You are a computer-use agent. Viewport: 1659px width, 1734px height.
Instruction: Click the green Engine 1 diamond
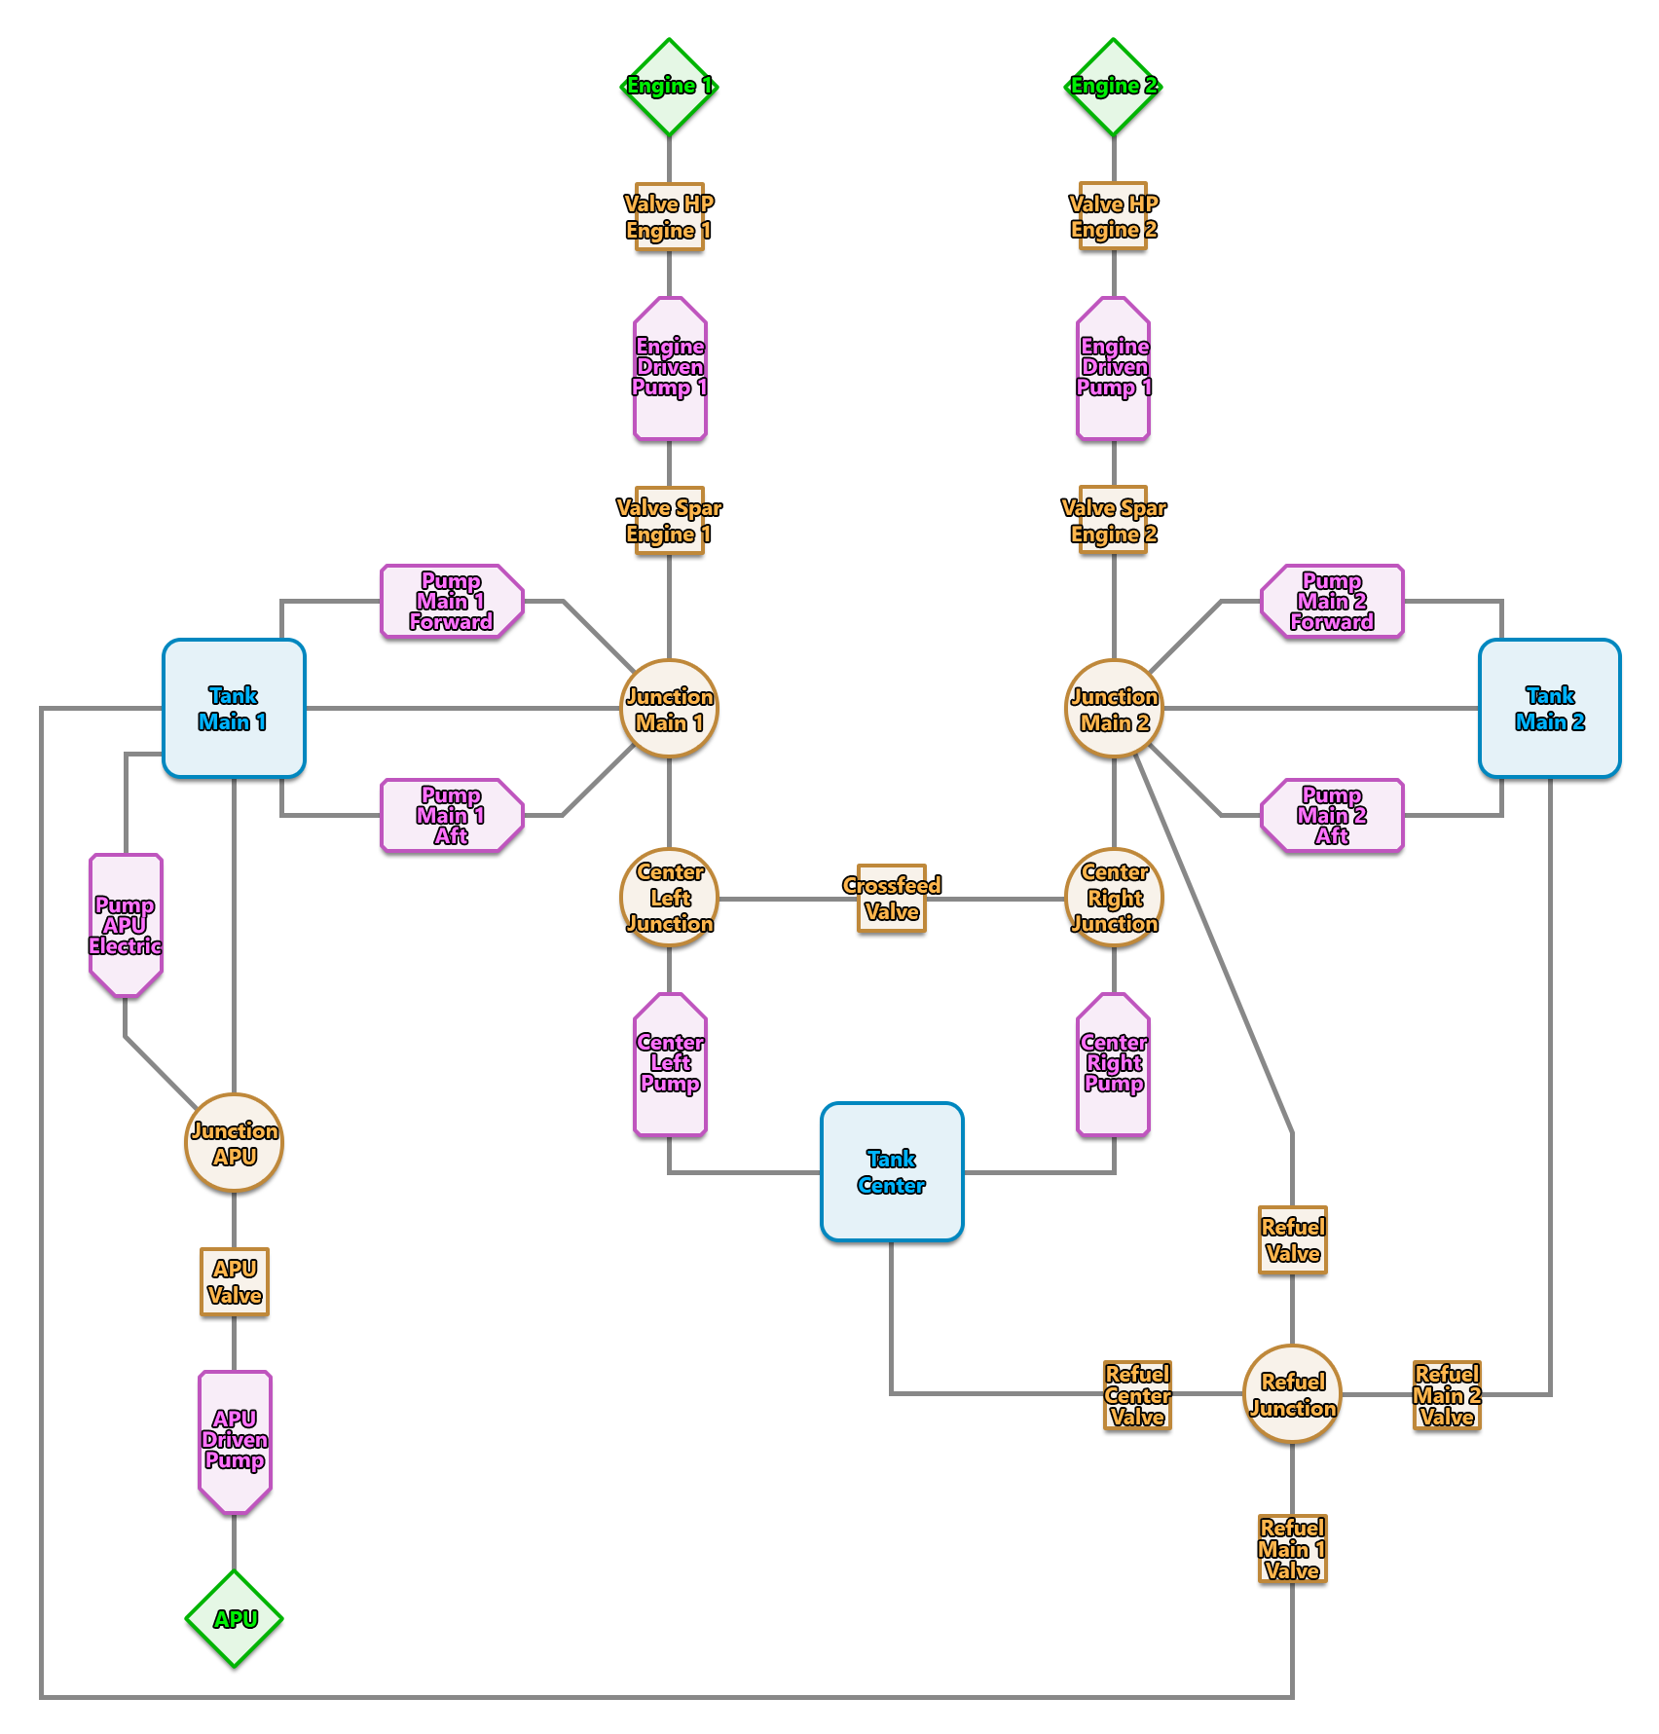coord(669,87)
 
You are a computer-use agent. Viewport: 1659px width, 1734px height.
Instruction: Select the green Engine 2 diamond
coord(1113,87)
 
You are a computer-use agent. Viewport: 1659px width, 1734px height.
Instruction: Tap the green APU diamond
coord(234,1618)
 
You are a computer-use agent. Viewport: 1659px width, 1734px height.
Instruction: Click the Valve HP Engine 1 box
coord(669,216)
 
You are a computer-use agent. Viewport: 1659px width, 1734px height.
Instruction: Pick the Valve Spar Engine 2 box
coord(1113,520)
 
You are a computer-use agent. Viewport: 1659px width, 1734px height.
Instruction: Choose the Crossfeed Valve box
coord(891,898)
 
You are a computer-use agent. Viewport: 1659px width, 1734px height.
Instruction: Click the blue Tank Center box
coord(891,1171)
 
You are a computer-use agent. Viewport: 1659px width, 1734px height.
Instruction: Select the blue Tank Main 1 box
coord(234,708)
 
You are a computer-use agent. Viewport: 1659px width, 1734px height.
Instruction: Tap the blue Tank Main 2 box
coord(1549,708)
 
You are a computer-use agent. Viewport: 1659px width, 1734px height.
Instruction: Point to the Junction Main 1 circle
coord(669,708)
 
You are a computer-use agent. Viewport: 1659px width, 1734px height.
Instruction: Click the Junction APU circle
coord(234,1142)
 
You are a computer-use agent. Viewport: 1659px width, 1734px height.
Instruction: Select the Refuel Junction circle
coord(1292,1393)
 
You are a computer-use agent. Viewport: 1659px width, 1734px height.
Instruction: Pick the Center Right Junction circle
coord(1114,897)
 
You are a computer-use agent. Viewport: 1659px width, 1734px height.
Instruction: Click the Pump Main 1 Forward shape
coord(451,601)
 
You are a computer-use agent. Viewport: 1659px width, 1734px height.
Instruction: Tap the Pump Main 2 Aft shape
coord(1332,815)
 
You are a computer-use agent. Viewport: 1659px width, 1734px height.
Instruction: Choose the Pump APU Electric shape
coord(126,925)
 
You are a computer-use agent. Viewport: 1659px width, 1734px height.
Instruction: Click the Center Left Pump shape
coord(670,1064)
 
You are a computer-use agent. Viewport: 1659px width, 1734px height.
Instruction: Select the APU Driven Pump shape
coord(235,1441)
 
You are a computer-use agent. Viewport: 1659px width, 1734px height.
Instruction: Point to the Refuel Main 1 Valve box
coord(1292,1548)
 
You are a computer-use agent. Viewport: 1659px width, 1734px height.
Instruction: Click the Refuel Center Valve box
coord(1136,1394)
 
